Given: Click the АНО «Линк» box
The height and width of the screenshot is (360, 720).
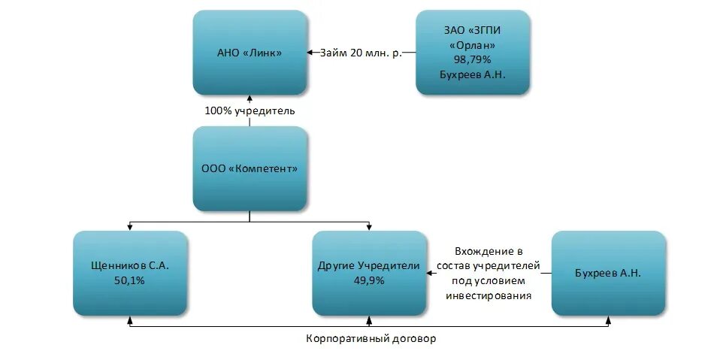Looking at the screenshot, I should [250, 53].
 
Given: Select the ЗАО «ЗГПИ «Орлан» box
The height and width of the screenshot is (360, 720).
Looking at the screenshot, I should [473, 53].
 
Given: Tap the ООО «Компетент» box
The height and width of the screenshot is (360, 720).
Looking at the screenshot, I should [250, 168].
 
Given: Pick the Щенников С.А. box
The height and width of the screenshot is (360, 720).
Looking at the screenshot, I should [130, 273].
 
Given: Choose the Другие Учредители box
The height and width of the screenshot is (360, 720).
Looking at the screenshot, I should [369, 273].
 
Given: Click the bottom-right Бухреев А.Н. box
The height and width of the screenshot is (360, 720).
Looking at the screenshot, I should [608, 273].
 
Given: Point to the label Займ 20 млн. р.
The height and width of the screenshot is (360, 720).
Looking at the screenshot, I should [361, 53].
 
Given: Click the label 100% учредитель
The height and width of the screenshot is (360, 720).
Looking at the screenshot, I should [250, 110].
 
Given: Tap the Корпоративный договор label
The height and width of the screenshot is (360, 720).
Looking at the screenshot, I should [371, 338].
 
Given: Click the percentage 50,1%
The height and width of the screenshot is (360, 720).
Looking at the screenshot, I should [130, 280].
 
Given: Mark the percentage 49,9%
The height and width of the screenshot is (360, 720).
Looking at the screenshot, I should [369, 280].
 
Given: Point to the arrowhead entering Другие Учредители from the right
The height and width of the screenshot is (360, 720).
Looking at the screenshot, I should [431, 273].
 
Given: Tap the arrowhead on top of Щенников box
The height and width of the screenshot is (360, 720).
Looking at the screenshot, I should [130, 226].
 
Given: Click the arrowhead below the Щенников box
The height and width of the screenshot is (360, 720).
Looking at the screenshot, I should [130, 320].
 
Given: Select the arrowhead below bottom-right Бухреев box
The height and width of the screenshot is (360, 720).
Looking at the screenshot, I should [608, 320].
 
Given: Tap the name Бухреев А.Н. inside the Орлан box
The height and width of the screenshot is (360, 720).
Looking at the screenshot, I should [473, 74].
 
